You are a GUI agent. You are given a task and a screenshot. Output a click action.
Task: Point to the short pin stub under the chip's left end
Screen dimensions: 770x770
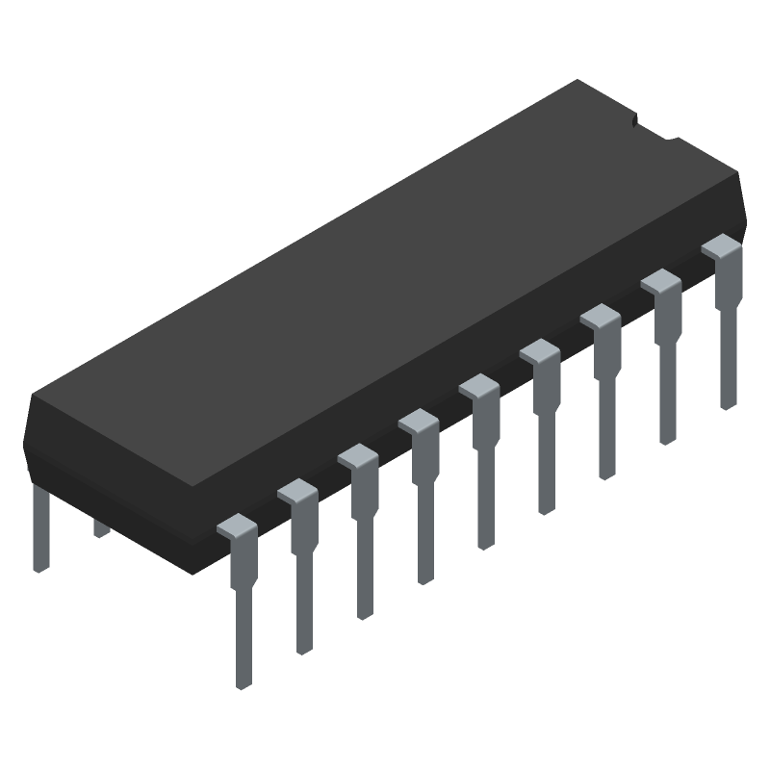(100, 527)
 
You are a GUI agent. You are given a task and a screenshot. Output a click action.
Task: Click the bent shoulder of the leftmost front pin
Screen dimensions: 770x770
(237, 527)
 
